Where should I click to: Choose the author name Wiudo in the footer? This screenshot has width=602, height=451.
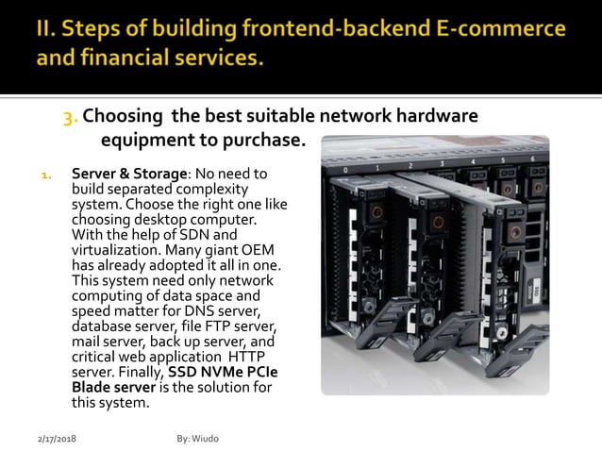tap(207, 440)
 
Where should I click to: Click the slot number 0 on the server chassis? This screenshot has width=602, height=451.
tap(347, 171)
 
